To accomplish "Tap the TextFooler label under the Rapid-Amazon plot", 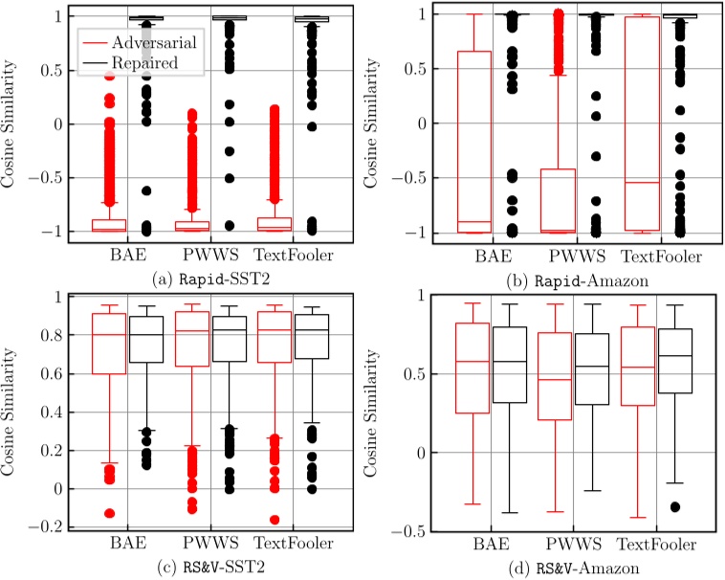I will click(x=660, y=257).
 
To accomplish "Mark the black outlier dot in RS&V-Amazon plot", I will click(x=675, y=506).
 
